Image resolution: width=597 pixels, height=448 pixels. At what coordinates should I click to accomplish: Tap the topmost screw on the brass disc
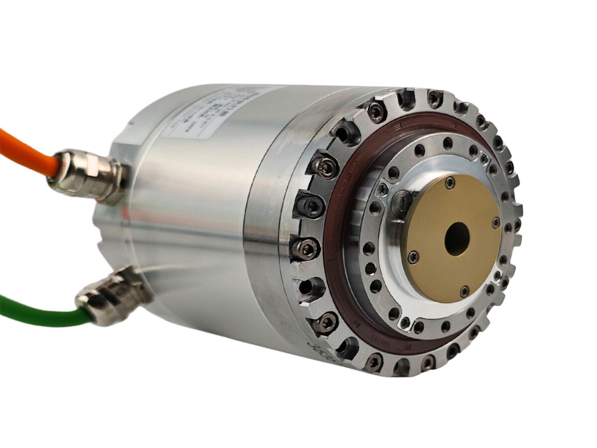(x=450, y=183)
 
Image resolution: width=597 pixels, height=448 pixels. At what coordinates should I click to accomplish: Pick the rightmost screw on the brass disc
(x=496, y=223)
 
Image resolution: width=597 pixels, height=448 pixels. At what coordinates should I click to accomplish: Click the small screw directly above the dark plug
(x=383, y=189)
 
